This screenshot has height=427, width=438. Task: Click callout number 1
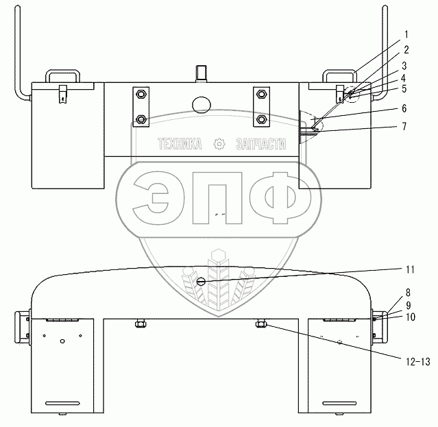pyautogui.click(x=406, y=35)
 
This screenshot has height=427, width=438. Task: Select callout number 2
pyautogui.click(x=406, y=50)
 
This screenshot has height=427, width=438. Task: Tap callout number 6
pyautogui.click(x=404, y=109)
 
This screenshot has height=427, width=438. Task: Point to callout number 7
pyautogui.click(x=404, y=127)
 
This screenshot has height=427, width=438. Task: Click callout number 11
pyautogui.click(x=410, y=270)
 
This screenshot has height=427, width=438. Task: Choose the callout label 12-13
pyautogui.click(x=418, y=362)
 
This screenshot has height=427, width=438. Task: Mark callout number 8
pyautogui.click(x=408, y=293)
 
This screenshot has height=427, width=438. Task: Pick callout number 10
pyautogui.click(x=411, y=317)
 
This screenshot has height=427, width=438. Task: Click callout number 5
pyautogui.click(x=404, y=89)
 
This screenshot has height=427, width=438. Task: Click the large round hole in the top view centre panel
pyautogui.click(x=202, y=105)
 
